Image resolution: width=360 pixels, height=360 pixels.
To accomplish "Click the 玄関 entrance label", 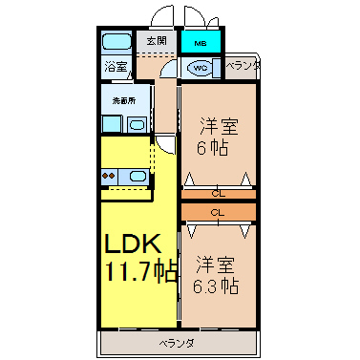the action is point(157,41).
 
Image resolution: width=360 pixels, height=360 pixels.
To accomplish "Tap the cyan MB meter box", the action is point(201,42).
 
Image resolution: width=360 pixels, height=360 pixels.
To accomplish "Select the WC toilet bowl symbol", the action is point(200,68).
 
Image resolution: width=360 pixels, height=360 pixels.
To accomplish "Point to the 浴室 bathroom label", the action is point(116,67).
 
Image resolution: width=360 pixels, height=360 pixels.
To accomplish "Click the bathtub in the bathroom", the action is point(116,42).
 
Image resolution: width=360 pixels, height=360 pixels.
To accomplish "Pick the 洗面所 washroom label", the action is point(124,101).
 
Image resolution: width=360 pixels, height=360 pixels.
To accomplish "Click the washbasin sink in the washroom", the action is point(138,124).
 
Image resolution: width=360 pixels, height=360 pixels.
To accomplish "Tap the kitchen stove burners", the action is point(109,176).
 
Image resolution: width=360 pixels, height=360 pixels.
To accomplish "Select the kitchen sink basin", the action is point(138,176).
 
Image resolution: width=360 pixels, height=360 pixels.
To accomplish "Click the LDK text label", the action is point(132,244).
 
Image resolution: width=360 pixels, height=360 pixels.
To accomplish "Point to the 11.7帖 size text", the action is point(141,271).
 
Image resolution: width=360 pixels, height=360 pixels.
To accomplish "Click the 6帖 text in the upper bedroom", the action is point(212,147).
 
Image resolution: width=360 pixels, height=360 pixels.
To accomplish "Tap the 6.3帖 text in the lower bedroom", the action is point(216,286).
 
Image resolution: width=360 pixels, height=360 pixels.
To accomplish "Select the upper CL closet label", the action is point(219,194).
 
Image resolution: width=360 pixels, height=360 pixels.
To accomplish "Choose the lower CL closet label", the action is point(218,212).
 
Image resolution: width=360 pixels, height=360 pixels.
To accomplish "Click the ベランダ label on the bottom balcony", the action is point(177,344).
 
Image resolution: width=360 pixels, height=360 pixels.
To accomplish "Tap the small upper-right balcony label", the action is point(243,66).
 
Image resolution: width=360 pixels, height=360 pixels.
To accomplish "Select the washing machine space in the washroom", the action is point(112,124).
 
